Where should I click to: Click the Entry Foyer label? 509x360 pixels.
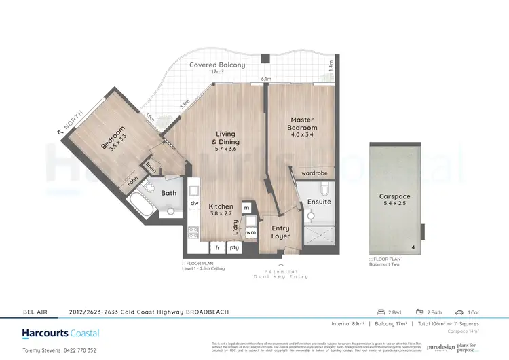click(280, 232)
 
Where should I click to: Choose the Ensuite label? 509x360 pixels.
click(319, 202)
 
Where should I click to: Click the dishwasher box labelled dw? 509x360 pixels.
click(194, 203)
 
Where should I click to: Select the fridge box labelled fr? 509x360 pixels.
click(217, 248)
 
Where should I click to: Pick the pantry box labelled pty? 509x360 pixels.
click(235, 248)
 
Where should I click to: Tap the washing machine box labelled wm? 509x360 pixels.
click(250, 233)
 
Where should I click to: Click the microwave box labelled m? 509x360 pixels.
click(246, 207)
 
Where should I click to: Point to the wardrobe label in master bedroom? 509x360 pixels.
click(315, 173)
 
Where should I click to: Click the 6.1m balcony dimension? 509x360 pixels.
click(267, 79)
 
